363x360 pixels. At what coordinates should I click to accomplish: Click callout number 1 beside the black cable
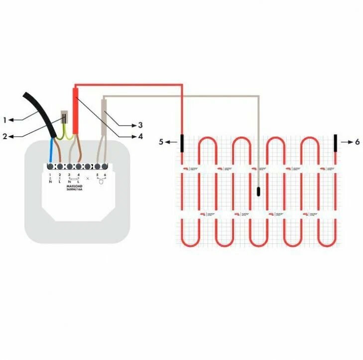[4, 120]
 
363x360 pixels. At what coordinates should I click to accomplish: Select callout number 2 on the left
[4, 136]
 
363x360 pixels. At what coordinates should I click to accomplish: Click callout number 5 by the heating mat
[161, 142]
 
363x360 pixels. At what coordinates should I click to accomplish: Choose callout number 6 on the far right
[357, 142]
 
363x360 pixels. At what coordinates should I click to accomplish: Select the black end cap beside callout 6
[336, 142]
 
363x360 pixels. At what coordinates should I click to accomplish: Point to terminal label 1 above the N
[51, 175]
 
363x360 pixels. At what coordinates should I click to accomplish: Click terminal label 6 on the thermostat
[105, 175]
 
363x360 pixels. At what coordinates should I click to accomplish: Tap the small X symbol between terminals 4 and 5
[88, 178]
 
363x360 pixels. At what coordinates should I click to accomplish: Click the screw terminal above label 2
[60, 166]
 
